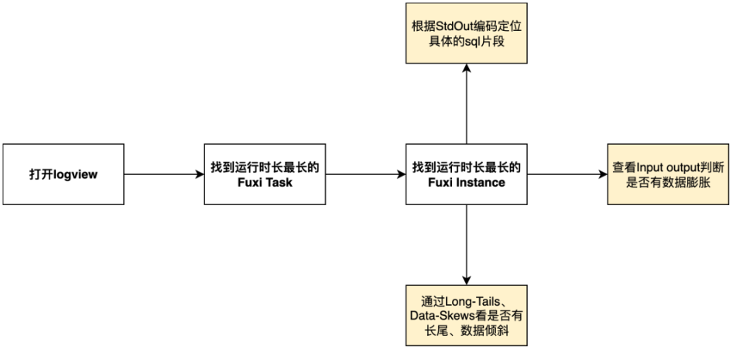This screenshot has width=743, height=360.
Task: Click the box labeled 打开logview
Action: click(63, 173)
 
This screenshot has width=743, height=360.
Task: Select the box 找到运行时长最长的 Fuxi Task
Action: click(265, 173)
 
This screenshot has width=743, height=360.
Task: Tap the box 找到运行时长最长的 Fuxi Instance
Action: click(466, 173)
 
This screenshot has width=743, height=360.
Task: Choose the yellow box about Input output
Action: click(667, 173)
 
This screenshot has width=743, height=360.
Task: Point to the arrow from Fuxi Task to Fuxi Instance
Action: click(365, 174)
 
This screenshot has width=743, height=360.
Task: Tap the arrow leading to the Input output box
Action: click(567, 174)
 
